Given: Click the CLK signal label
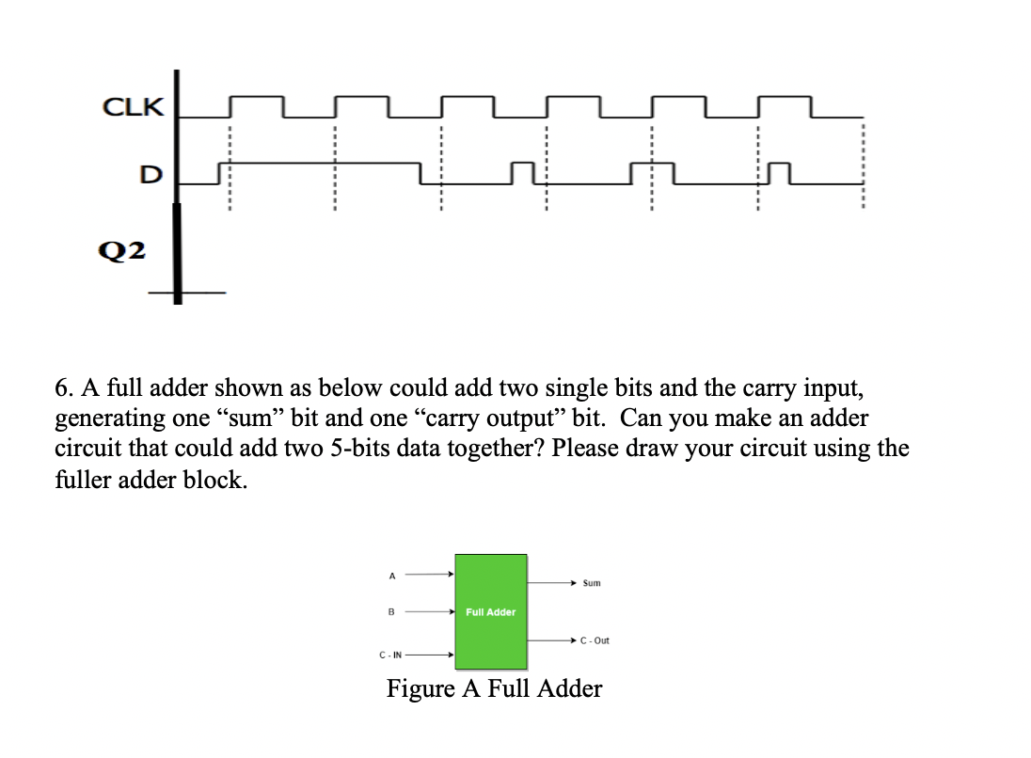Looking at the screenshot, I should tap(133, 107).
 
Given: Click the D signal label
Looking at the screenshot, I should tap(151, 175).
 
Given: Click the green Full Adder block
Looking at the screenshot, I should tap(491, 611).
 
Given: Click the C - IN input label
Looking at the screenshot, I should tap(390, 655).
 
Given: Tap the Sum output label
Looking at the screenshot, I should tap(592, 583).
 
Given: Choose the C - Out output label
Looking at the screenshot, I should tap(595, 640).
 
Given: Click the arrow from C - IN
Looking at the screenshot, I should tap(431, 655).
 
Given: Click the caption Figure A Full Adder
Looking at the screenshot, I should tap(494, 689).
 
